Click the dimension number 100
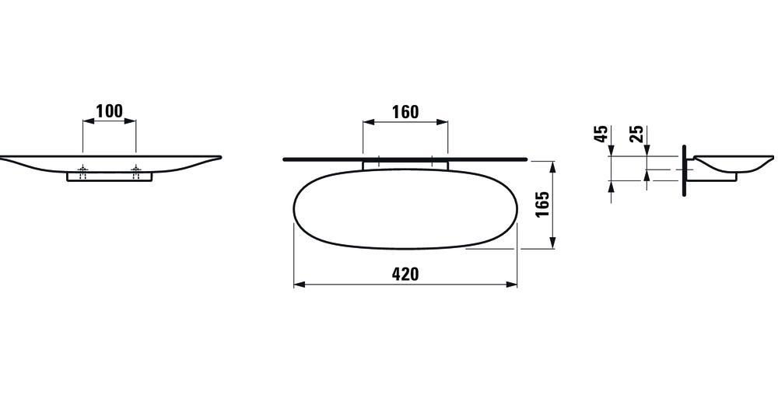(109, 111)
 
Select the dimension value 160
(405, 112)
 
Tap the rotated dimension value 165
(542, 204)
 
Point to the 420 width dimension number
(405, 274)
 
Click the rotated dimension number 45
(601, 134)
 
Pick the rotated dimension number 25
(636, 134)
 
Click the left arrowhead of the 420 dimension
(299, 285)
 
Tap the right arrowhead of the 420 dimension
(512, 285)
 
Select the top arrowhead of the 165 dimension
(553, 165)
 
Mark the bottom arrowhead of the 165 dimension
(553, 243)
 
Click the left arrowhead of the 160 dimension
(368, 122)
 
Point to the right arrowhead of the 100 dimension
(131, 121)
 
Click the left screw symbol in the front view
(82, 171)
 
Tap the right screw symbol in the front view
(136, 171)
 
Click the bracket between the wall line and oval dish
(405, 164)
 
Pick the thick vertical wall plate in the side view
(684, 170)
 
